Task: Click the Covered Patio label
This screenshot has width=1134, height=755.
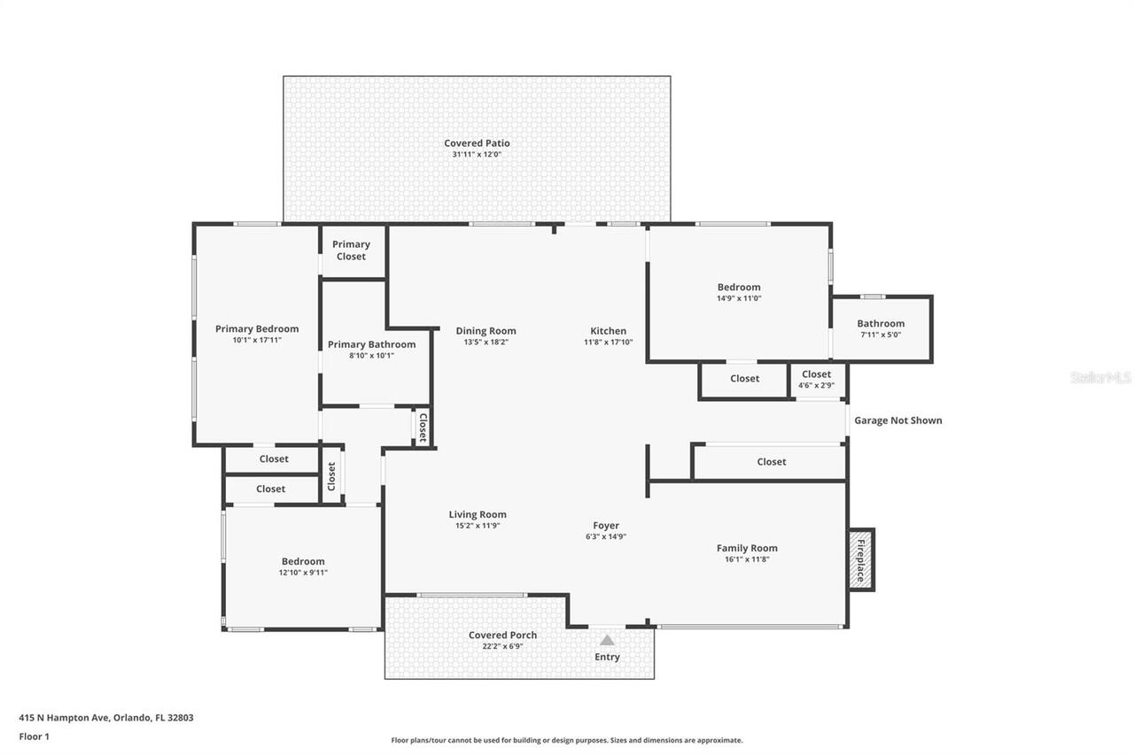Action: (x=477, y=143)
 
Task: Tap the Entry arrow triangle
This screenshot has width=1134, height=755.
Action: (x=607, y=640)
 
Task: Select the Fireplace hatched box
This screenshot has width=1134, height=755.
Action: (x=860, y=559)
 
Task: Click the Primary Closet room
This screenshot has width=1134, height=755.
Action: (x=352, y=250)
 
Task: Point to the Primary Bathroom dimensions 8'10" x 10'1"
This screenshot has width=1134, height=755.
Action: (x=371, y=356)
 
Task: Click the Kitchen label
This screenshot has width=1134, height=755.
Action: (x=609, y=331)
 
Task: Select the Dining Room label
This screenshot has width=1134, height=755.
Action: (x=485, y=331)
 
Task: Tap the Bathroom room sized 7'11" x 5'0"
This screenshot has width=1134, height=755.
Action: (x=881, y=328)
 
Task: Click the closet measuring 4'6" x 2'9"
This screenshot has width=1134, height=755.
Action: (x=817, y=380)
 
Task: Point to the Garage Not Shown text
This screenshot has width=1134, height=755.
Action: (x=897, y=420)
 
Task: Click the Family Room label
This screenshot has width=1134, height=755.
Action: (x=747, y=548)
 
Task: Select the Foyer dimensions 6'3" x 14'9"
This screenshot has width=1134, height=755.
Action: (x=606, y=536)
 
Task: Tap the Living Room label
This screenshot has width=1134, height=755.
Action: (x=478, y=514)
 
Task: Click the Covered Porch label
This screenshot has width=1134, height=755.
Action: (x=502, y=635)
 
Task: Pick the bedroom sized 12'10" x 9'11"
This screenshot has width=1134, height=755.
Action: (x=303, y=566)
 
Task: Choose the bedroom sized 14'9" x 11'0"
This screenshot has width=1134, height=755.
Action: (x=739, y=292)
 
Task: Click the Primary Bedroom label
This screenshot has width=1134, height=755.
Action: (x=257, y=328)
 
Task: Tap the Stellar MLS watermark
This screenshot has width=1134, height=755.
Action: (x=1100, y=377)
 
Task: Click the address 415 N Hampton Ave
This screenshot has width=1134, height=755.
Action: (x=106, y=718)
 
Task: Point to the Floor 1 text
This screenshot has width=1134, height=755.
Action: (x=35, y=736)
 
